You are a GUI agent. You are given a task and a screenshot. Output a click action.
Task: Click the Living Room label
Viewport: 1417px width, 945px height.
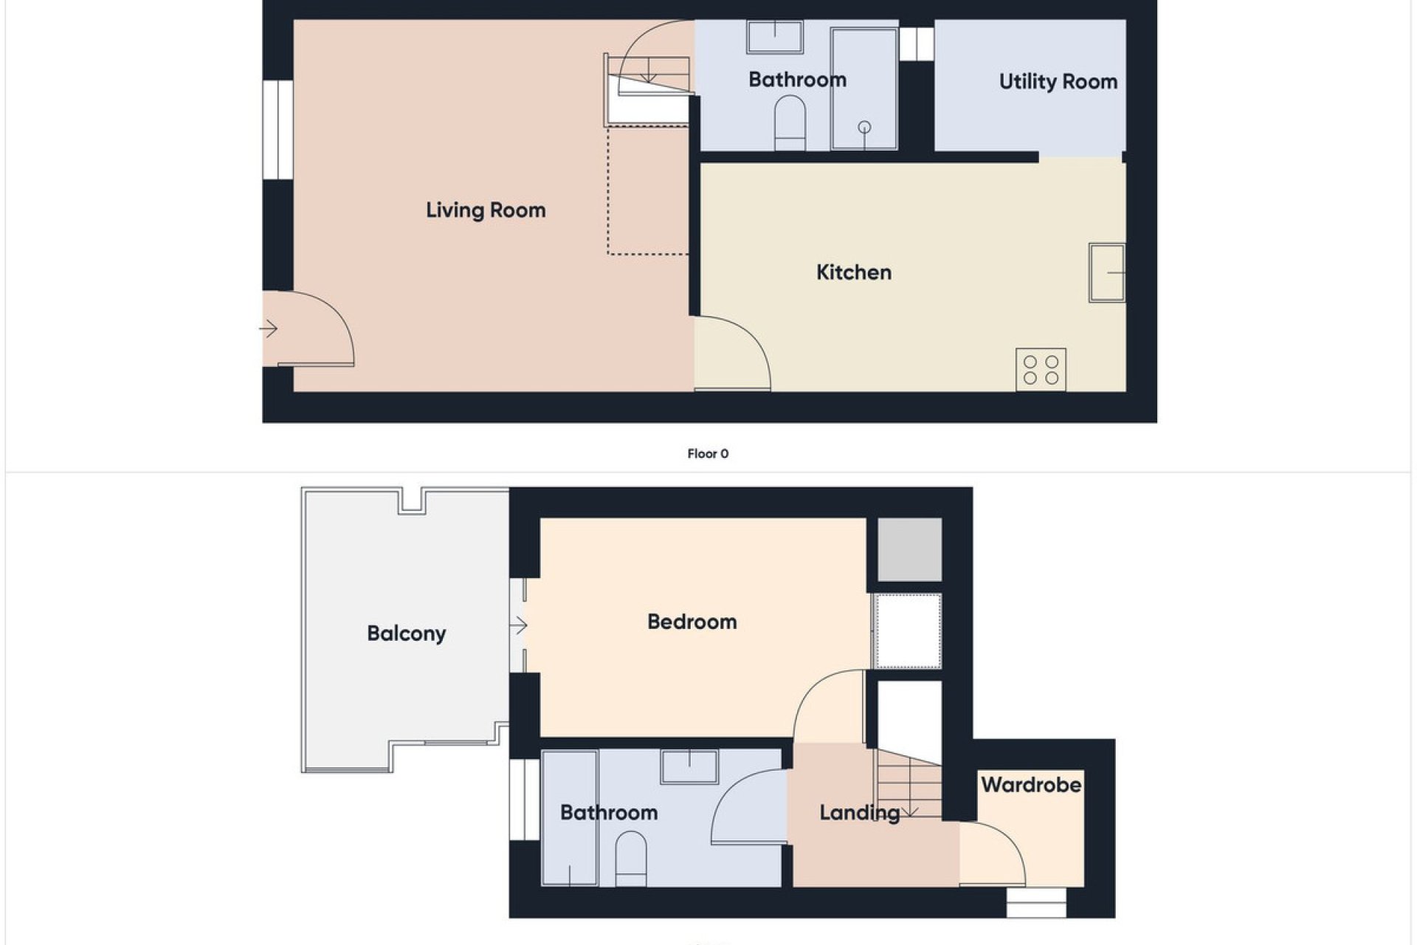pos(486,210)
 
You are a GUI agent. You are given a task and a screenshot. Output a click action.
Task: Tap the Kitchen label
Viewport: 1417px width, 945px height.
pos(854,272)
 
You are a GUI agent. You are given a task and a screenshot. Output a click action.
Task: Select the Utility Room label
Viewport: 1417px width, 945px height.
pos(1058,82)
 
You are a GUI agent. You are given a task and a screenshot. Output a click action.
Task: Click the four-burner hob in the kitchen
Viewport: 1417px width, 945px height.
pos(1041,369)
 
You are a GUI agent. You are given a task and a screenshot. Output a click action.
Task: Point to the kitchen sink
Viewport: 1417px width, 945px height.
pos(1107,272)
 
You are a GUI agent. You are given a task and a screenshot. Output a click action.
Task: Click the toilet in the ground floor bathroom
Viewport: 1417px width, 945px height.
pos(790,123)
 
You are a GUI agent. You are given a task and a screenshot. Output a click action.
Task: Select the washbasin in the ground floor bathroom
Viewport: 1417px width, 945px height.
pos(775,37)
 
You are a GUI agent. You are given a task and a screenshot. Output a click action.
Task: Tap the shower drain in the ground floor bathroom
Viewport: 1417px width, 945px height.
pos(864,128)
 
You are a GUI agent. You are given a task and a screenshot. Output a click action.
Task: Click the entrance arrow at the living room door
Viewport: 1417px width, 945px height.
pos(269,329)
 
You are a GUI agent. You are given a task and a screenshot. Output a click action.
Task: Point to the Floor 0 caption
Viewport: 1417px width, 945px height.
pos(708,453)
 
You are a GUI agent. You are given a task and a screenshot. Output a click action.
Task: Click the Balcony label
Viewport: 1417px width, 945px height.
pos(407,633)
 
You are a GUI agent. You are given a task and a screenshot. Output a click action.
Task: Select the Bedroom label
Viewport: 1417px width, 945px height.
pos(692,622)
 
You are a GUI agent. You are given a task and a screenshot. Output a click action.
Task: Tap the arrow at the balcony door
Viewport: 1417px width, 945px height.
pos(519,625)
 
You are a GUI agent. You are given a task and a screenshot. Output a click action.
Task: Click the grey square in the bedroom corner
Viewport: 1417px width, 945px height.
pos(909,549)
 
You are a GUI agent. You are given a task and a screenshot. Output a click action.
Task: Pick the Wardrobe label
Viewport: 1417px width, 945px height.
pos(1031,784)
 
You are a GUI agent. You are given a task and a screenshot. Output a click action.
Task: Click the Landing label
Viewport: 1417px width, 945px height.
pos(860,814)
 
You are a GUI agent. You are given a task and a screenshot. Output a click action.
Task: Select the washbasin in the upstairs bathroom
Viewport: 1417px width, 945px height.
pos(690,766)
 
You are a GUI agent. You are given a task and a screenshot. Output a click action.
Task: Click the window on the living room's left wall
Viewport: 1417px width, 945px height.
pos(278,130)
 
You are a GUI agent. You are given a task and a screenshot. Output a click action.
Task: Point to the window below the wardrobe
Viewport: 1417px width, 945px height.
pos(1037,903)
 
